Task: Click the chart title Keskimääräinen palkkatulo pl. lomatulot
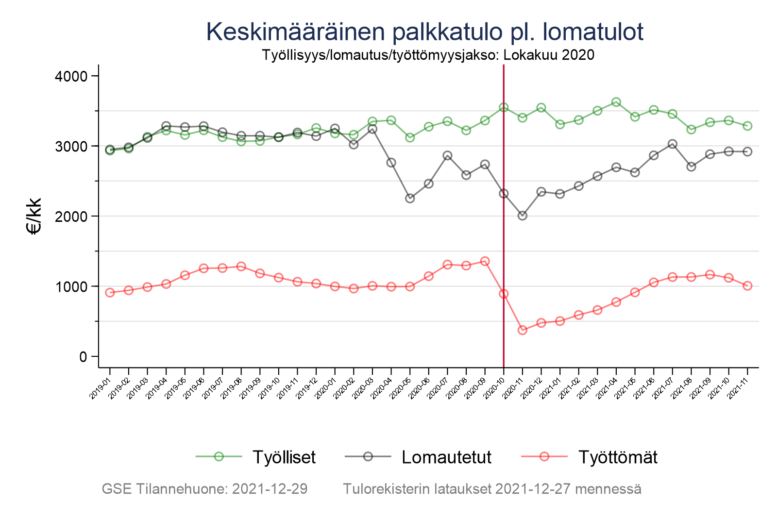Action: pos(424,32)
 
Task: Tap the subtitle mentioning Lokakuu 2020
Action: pos(428,55)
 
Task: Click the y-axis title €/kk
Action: pos(34,216)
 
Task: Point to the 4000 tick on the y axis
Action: pos(70,76)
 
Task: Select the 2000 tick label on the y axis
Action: pos(70,217)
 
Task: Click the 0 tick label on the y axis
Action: pos(82,357)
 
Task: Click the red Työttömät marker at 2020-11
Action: pos(523,330)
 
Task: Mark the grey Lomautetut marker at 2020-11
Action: pos(523,216)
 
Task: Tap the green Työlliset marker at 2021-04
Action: pos(616,102)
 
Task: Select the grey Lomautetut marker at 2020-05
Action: pos(410,198)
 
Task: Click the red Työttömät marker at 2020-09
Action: pos(485,261)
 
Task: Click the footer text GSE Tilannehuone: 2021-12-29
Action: pos(204,489)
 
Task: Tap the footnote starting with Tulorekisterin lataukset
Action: pos(492,489)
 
